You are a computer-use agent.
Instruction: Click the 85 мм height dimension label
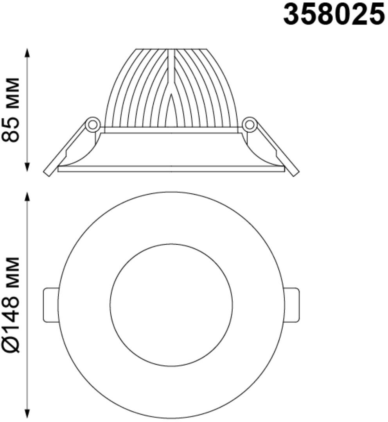[11, 110]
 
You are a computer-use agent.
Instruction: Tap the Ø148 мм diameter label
[11, 305]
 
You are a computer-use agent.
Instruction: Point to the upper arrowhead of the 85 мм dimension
[27, 53]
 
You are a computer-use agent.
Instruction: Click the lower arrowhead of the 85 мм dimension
[27, 167]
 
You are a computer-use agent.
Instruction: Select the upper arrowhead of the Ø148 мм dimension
[27, 197]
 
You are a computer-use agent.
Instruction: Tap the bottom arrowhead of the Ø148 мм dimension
[27, 414]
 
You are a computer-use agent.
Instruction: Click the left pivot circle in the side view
[93, 125]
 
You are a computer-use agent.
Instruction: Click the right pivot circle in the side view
[249, 125]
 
